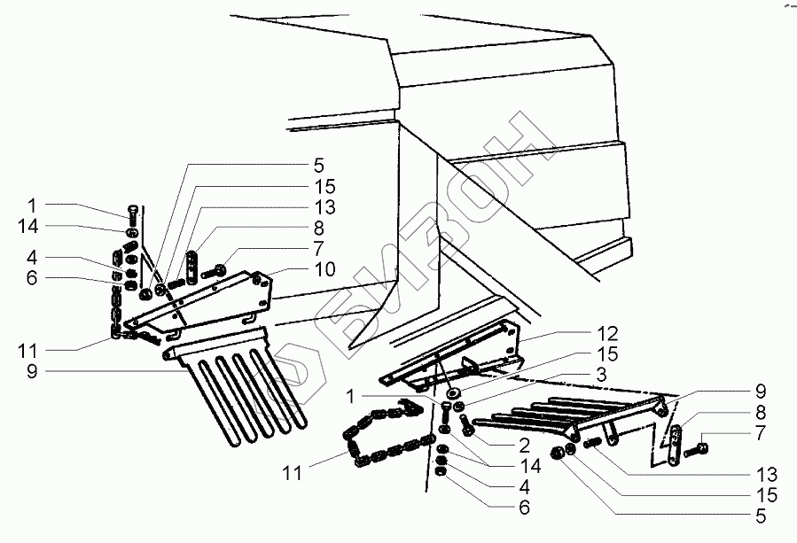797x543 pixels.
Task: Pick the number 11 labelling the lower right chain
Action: click(293, 475)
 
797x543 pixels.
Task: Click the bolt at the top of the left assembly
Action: click(131, 212)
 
